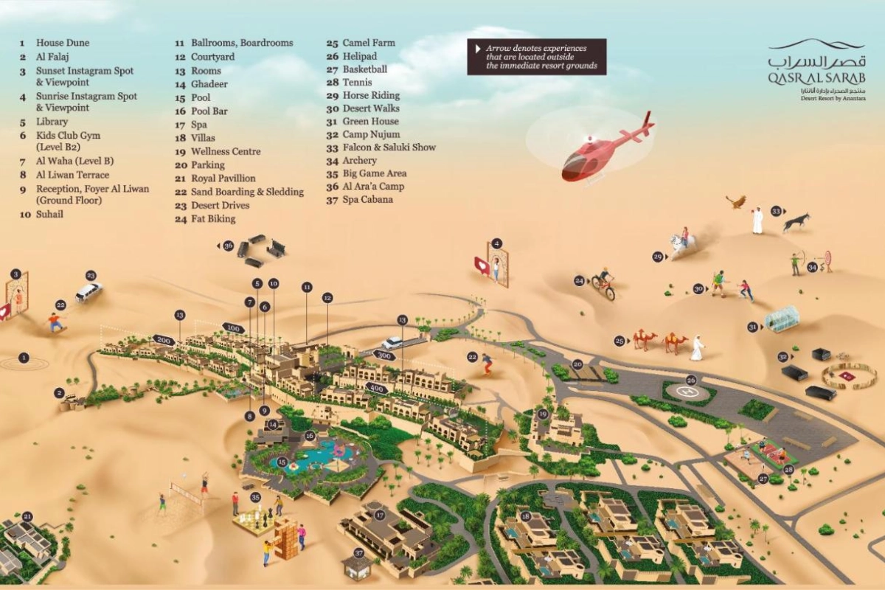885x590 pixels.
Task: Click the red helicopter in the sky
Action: tap(603, 152)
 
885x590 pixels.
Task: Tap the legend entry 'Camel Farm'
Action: tap(367, 43)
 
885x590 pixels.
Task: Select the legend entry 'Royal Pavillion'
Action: tap(223, 178)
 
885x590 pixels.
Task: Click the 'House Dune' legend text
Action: tap(63, 43)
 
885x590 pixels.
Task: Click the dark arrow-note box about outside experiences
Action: tap(536, 57)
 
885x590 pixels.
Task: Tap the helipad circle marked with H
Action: tap(690, 392)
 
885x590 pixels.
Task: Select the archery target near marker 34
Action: tap(827, 260)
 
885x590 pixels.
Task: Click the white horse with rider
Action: tap(681, 243)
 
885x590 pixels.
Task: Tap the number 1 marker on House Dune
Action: tap(24, 358)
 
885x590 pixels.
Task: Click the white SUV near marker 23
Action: tap(88, 291)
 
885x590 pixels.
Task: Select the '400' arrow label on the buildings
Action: tap(376, 388)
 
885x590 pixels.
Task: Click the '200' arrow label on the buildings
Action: tap(163, 340)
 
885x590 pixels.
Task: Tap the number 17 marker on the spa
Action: tap(380, 515)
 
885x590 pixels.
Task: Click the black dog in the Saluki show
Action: tap(796, 223)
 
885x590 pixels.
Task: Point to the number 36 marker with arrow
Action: tap(228, 246)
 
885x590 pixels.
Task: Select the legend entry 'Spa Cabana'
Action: tap(367, 199)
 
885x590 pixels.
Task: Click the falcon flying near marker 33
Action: tap(735, 201)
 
